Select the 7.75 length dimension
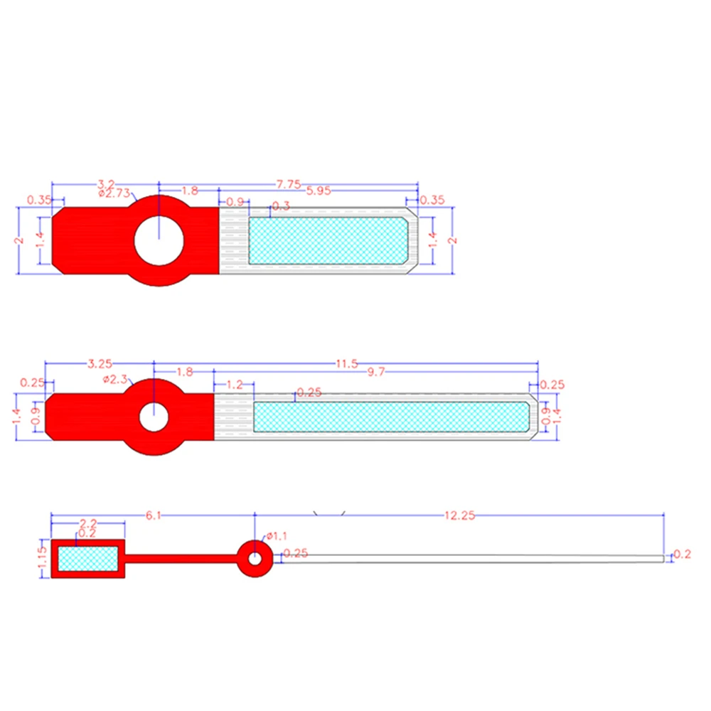(x=289, y=183)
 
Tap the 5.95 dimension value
(x=318, y=191)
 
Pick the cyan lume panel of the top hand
(x=327, y=240)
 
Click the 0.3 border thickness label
(x=281, y=206)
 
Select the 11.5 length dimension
(x=346, y=364)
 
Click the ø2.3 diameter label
(x=115, y=380)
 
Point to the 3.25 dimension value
(x=99, y=364)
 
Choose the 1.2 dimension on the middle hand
(x=234, y=385)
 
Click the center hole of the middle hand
(x=154, y=417)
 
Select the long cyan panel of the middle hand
(x=391, y=417)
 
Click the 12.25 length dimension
(x=459, y=516)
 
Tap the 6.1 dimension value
(x=153, y=515)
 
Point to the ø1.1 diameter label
(x=277, y=535)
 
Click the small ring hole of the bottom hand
(x=254, y=558)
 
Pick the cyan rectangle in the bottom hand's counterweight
(x=87, y=558)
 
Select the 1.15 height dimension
(x=42, y=559)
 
